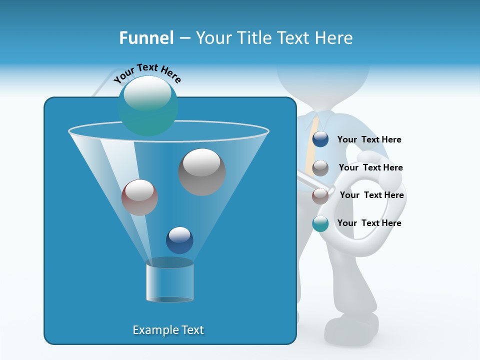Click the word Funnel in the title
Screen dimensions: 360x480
(146, 37)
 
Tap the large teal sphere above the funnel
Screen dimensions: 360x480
(147, 105)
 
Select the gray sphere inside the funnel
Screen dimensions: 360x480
(202, 172)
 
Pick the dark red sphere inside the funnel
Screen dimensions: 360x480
(139, 197)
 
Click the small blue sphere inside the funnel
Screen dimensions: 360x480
(179, 240)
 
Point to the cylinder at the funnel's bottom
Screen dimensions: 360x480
(170, 282)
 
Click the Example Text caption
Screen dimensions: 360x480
(168, 330)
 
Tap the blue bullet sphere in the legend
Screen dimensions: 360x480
(320, 139)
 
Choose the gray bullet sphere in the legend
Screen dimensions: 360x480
(320, 167)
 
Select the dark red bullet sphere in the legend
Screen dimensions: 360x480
(320, 195)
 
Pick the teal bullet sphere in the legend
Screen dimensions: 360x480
(320, 223)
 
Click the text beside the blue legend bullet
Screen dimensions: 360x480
(369, 139)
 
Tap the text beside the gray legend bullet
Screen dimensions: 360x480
(370, 167)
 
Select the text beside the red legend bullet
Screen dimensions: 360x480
(371, 195)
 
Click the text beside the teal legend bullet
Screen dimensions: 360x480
(369, 223)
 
